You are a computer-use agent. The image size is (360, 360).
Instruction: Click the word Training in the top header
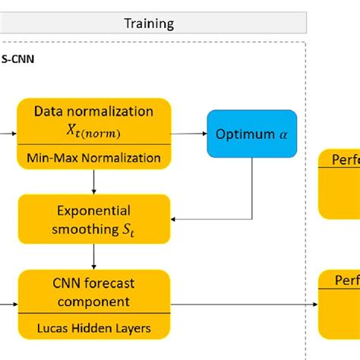click(149, 23)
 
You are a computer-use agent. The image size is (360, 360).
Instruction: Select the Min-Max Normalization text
click(94, 158)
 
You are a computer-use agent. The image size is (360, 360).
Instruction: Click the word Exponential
click(94, 210)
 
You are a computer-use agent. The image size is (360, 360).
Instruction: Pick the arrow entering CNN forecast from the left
click(9, 304)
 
